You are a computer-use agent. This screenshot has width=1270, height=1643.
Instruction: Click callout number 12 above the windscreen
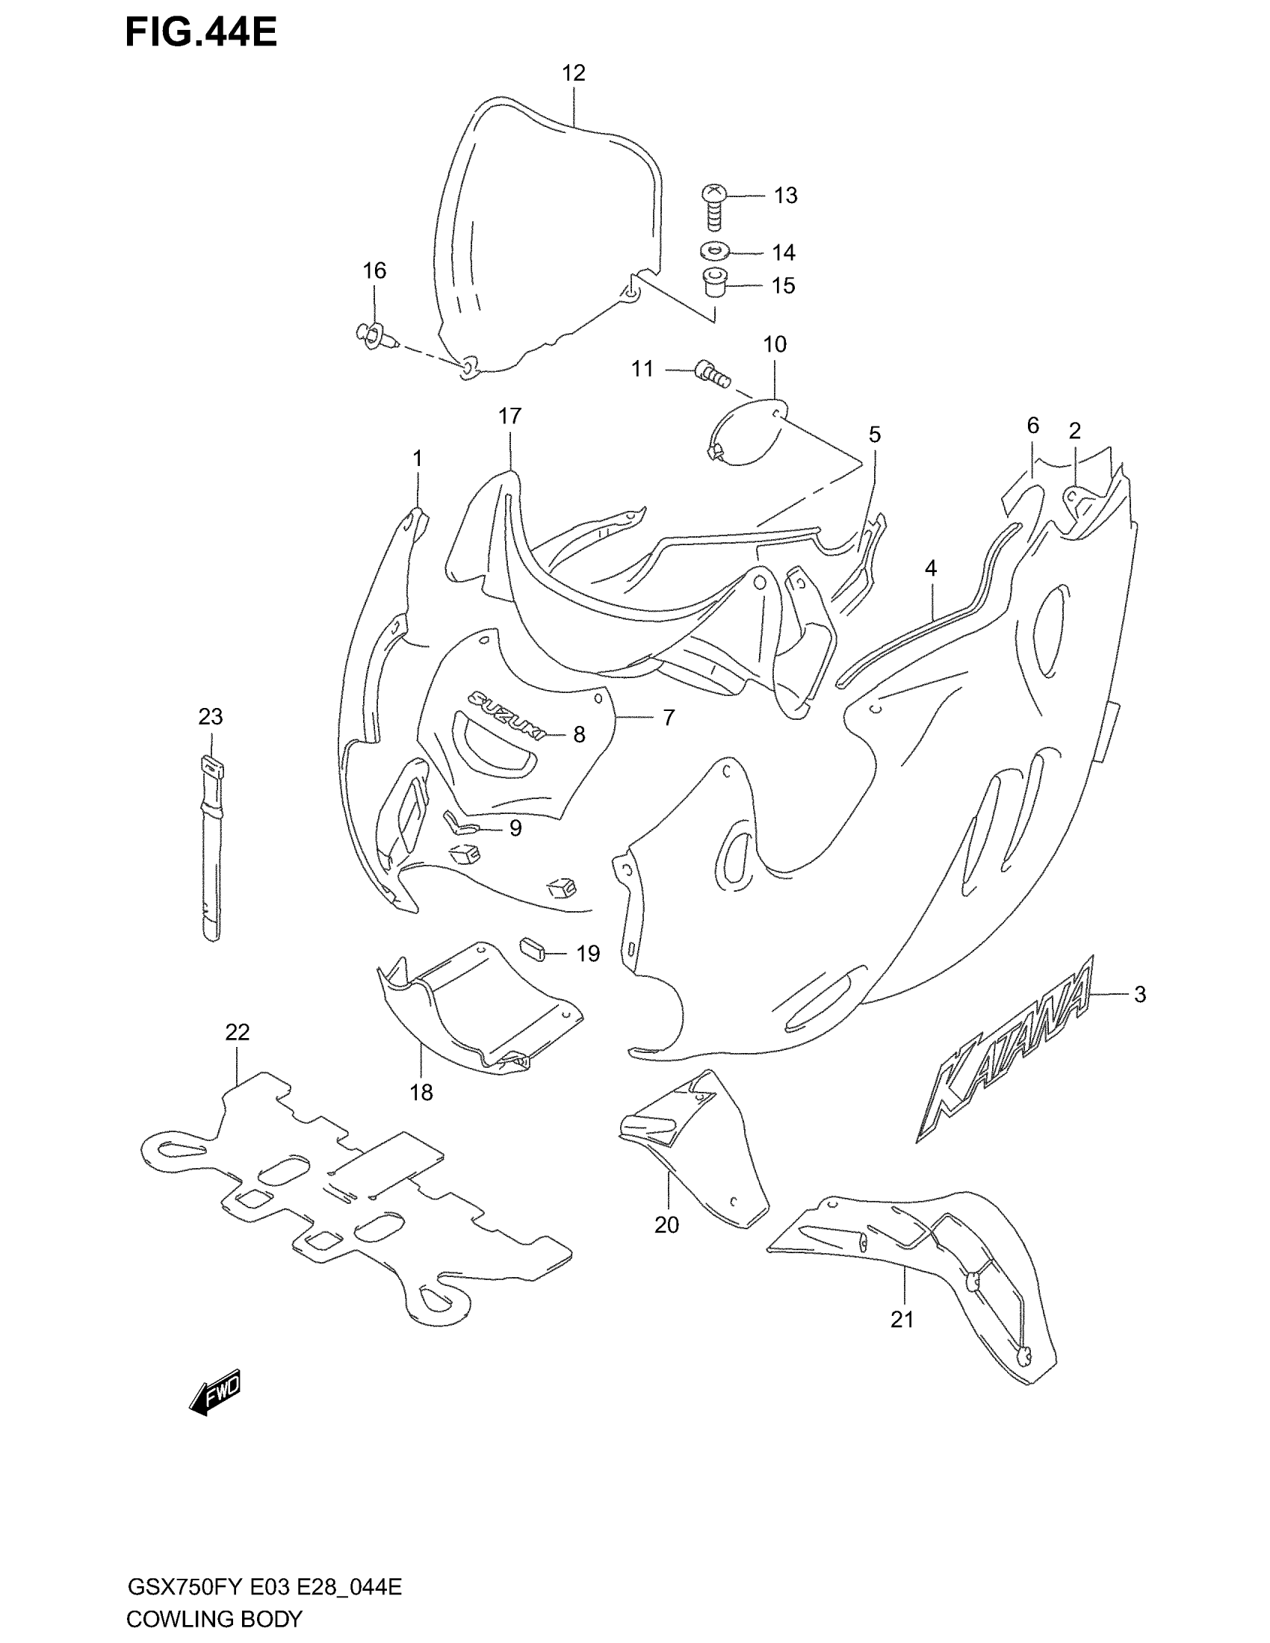573,73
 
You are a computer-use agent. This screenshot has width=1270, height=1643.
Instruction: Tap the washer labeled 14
715,250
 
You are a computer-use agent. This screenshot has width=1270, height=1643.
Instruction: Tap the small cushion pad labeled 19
533,948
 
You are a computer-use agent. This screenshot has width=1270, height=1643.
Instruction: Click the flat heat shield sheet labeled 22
353,1193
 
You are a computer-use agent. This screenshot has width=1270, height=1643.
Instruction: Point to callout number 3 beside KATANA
1140,995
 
